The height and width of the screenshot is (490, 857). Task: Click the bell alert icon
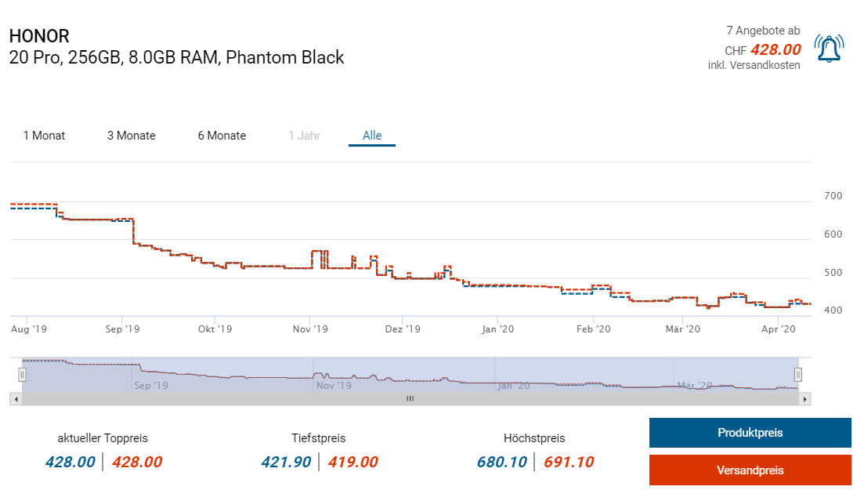[829, 49]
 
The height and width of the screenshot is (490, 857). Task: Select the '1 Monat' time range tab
[44, 136]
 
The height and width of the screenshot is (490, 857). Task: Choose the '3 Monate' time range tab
[132, 136]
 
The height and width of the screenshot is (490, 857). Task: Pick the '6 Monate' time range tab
[222, 136]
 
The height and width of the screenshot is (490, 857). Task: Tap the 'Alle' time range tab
[372, 136]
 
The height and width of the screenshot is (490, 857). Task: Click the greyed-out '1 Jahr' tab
[304, 136]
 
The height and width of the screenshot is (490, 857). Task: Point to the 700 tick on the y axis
[833, 196]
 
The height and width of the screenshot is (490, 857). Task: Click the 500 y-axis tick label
[833, 273]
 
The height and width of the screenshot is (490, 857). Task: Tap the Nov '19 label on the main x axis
[310, 329]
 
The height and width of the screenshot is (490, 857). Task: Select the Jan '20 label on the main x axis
[498, 329]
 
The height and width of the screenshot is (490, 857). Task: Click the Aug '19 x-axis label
[28, 329]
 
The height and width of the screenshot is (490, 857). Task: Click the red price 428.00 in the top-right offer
[776, 49]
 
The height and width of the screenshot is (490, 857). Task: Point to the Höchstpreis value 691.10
[569, 462]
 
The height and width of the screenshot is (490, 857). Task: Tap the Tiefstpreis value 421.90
[287, 462]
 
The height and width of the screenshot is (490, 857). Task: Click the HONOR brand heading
[39, 36]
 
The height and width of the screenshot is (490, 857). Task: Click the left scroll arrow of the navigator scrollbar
[16, 398]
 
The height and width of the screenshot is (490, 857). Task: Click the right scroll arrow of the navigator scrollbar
[805, 398]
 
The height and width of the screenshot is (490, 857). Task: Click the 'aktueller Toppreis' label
[103, 438]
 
